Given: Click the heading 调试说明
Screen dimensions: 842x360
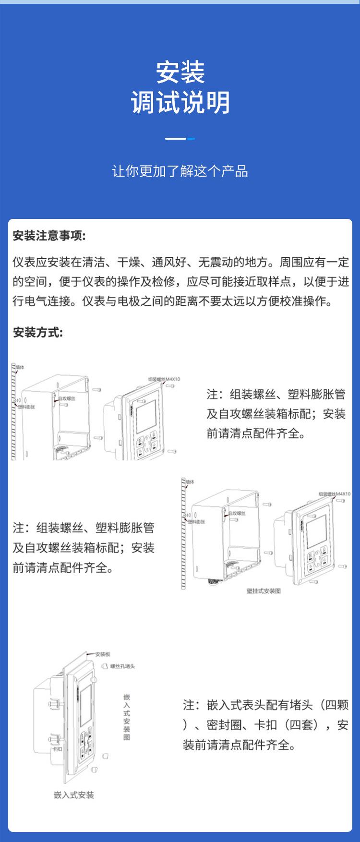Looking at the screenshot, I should (180, 103).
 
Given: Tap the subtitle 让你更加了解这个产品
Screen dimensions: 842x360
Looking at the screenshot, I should (180, 171).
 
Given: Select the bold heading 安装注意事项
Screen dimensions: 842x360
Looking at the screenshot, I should (49, 236).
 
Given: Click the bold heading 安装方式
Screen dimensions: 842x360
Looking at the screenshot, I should (37, 332).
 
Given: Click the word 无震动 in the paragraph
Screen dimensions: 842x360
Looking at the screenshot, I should (216, 262).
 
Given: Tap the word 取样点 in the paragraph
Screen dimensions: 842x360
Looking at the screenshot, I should (269, 282).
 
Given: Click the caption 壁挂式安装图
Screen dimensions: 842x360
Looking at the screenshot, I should (264, 591).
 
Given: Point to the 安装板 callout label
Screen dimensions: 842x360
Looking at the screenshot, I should (103, 654).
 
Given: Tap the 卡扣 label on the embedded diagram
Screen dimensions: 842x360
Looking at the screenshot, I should (57, 749).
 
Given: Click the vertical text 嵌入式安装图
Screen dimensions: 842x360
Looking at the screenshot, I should (127, 717).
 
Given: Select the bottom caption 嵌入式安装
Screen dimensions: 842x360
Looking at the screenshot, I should (74, 795).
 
